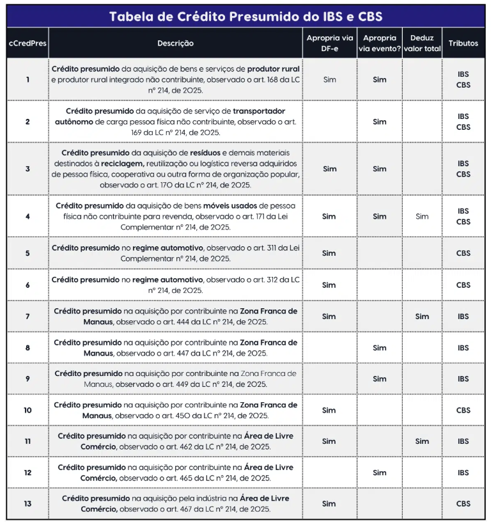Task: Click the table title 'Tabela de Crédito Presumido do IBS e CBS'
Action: (245, 16)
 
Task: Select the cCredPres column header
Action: (27, 43)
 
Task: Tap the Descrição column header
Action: (175, 43)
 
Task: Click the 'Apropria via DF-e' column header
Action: (329, 43)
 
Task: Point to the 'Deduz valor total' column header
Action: (422, 43)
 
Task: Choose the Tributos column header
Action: (463, 43)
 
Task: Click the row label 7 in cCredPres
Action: (27, 317)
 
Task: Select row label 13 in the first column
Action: (27, 504)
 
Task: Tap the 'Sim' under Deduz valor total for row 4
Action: (422, 216)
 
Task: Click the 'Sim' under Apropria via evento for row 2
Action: (380, 121)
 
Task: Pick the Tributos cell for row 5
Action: (463, 253)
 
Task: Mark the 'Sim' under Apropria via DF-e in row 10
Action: (329, 410)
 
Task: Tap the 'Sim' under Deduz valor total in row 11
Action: (422, 441)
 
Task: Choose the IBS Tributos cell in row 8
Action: (463, 348)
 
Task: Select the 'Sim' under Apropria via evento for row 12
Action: (380, 473)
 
